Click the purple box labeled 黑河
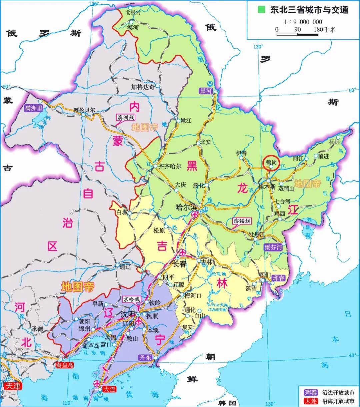[206, 91]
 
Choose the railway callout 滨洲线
[126, 117]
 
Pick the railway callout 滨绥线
[242, 221]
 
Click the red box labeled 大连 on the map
[109, 389]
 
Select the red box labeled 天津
[13, 386]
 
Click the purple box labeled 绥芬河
[273, 247]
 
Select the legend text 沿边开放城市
[338, 392]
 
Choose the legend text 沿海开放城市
[338, 401]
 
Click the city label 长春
[179, 264]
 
